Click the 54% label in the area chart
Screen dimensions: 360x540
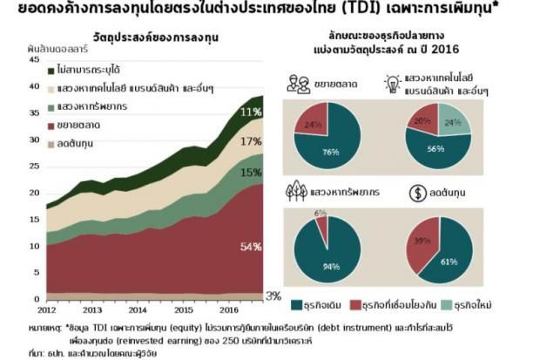coord(251,248)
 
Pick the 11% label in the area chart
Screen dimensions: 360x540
coord(251,112)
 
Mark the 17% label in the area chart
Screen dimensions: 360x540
coord(251,141)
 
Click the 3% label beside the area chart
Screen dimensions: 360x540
coord(273,296)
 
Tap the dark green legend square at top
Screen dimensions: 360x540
coord(52,68)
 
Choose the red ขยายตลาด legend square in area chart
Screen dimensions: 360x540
coord(52,124)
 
